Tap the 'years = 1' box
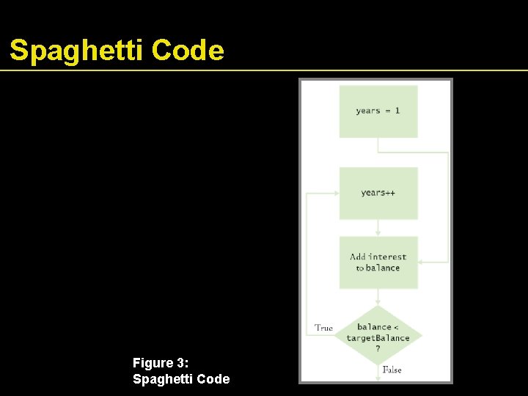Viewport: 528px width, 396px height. pos(378,111)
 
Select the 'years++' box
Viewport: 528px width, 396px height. pos(378,193)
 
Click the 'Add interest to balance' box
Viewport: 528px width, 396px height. pos(378,262)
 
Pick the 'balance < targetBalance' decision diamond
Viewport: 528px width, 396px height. pos(378,337)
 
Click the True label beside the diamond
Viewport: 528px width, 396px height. pos(323,328)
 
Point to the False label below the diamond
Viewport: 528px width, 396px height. pos(392,370)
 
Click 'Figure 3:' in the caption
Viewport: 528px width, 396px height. pos(160,363)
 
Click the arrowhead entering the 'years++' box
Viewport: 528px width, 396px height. pos(335,193)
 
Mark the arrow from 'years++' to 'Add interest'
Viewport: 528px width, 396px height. pos(378,228)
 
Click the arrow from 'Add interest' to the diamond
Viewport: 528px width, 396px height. pos(378,297)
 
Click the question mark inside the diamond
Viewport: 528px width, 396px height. pos(378,348)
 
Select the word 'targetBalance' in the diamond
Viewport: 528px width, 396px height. pos(378,338)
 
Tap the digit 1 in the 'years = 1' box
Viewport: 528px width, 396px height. pos(397,111)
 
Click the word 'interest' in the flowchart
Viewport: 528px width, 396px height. pos(388,257)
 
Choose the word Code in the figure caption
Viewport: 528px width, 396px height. pos(212,378)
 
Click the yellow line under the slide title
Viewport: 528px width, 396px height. pos(264,70)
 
